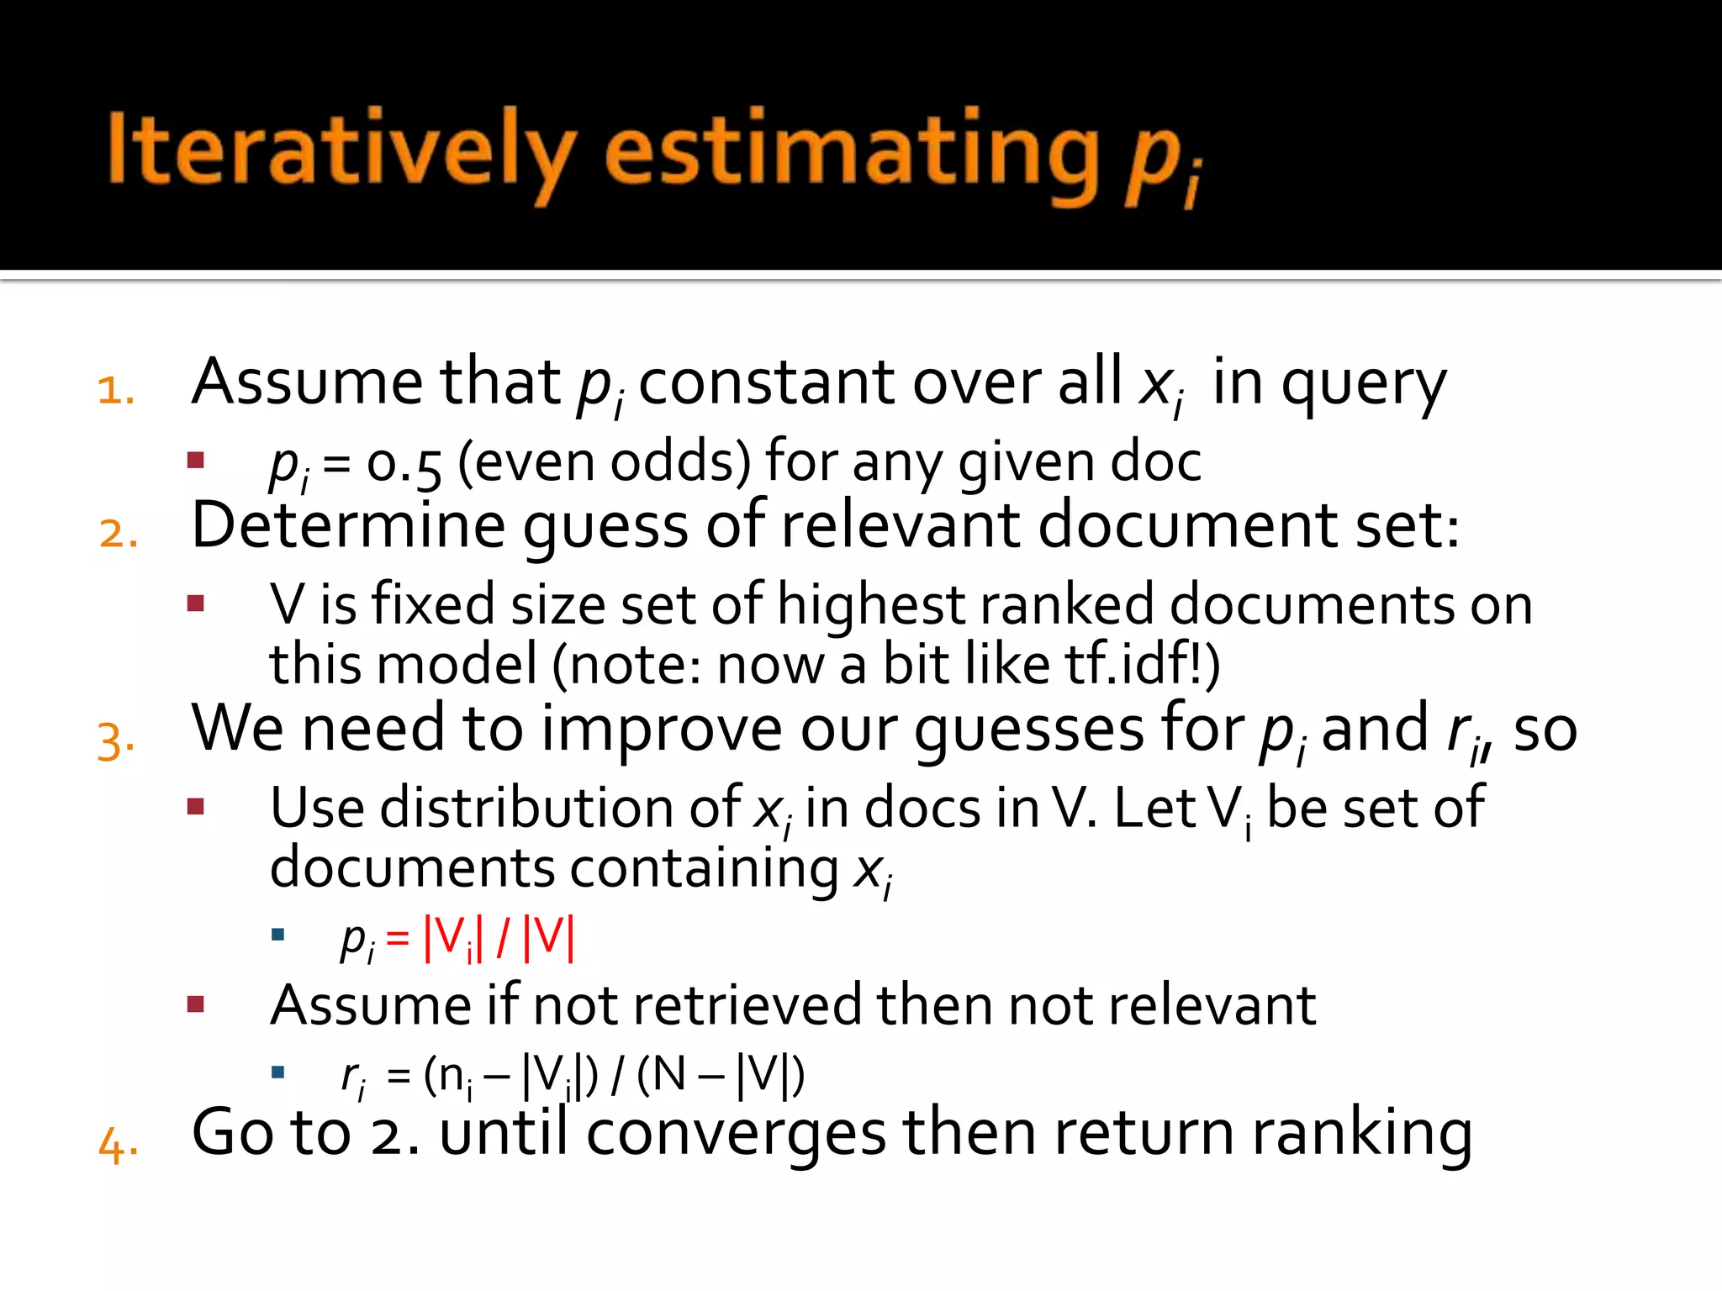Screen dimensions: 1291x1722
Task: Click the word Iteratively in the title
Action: point(341,150)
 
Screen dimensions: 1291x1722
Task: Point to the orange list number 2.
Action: point(118,534)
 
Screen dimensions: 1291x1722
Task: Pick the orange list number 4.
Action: point(118,1145)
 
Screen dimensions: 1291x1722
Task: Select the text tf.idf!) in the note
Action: point(1143,664)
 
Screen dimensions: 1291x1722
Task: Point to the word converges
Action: point(736,1135)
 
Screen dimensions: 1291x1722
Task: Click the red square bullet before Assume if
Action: point(196,1004)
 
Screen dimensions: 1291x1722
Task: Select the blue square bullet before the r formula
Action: point(278,1072)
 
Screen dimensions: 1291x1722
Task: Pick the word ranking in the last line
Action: point(1361,1135)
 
